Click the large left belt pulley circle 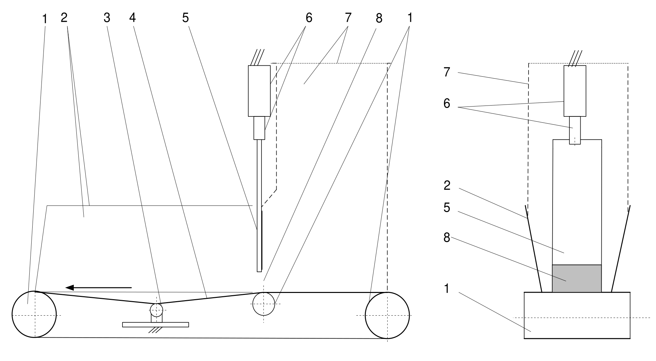pyautogui.click(x=34, y=315)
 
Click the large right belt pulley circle pyautogui.click(x=387, y=315)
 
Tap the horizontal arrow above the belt pyautogui.click(x=98, y=288)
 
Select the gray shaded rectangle pyautogui.click(x=577, y=278)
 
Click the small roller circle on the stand pyautogui.click(x=156, y=310)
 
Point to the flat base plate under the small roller pyautogui.click(x=155, y=325)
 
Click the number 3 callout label pyautogui.click(x=107, y=18)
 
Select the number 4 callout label pyautogui.click(x=132, y=18)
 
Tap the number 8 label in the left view pyautogui.click(x=379, y=19)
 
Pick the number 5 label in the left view pyautogui.click(x=185, y=18)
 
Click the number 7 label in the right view pyautogui.click(x=447, y=72)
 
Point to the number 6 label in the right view pyautogui.click(x=447, y=104)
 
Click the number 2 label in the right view pyautogui.click(x=447, y=186)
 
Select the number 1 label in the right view pyautogui.click(x=447, y=289)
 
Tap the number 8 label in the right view pyautogui.click(x=447, y=237)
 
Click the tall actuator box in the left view pyautogui.click(x=259, y=91)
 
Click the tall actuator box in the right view pyautogui.click(x=575, y=91)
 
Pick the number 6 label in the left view pyautogui.click(x=309, y=18)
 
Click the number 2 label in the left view pyautogui.click(x=64, y=18)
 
